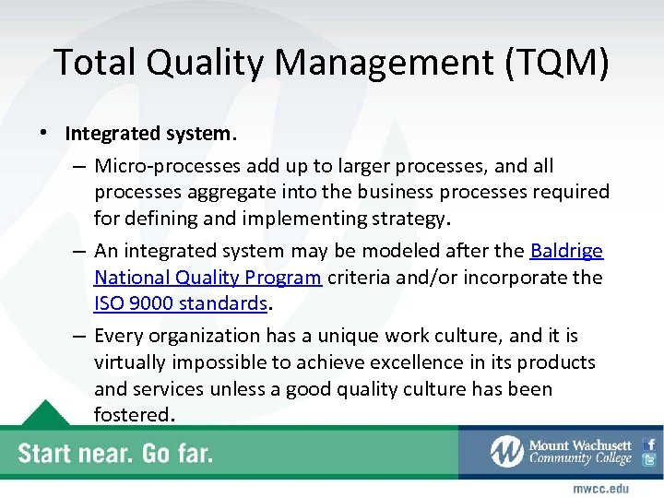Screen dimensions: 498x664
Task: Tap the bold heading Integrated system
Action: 151,133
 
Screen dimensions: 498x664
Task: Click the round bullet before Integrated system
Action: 45,134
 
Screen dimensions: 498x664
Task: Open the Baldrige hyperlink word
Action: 566,251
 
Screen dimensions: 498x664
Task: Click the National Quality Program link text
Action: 207,278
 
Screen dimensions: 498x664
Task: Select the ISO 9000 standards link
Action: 180,303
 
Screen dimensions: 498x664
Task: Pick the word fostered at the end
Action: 132,415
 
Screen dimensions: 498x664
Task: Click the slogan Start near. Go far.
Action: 116,453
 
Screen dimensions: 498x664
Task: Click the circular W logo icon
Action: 506,451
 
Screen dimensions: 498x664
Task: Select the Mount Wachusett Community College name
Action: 579,452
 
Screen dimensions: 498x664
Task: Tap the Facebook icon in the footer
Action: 650,444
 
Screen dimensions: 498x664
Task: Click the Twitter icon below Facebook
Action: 650,460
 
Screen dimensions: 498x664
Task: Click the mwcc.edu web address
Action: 600,487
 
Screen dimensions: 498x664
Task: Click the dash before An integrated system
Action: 79,252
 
